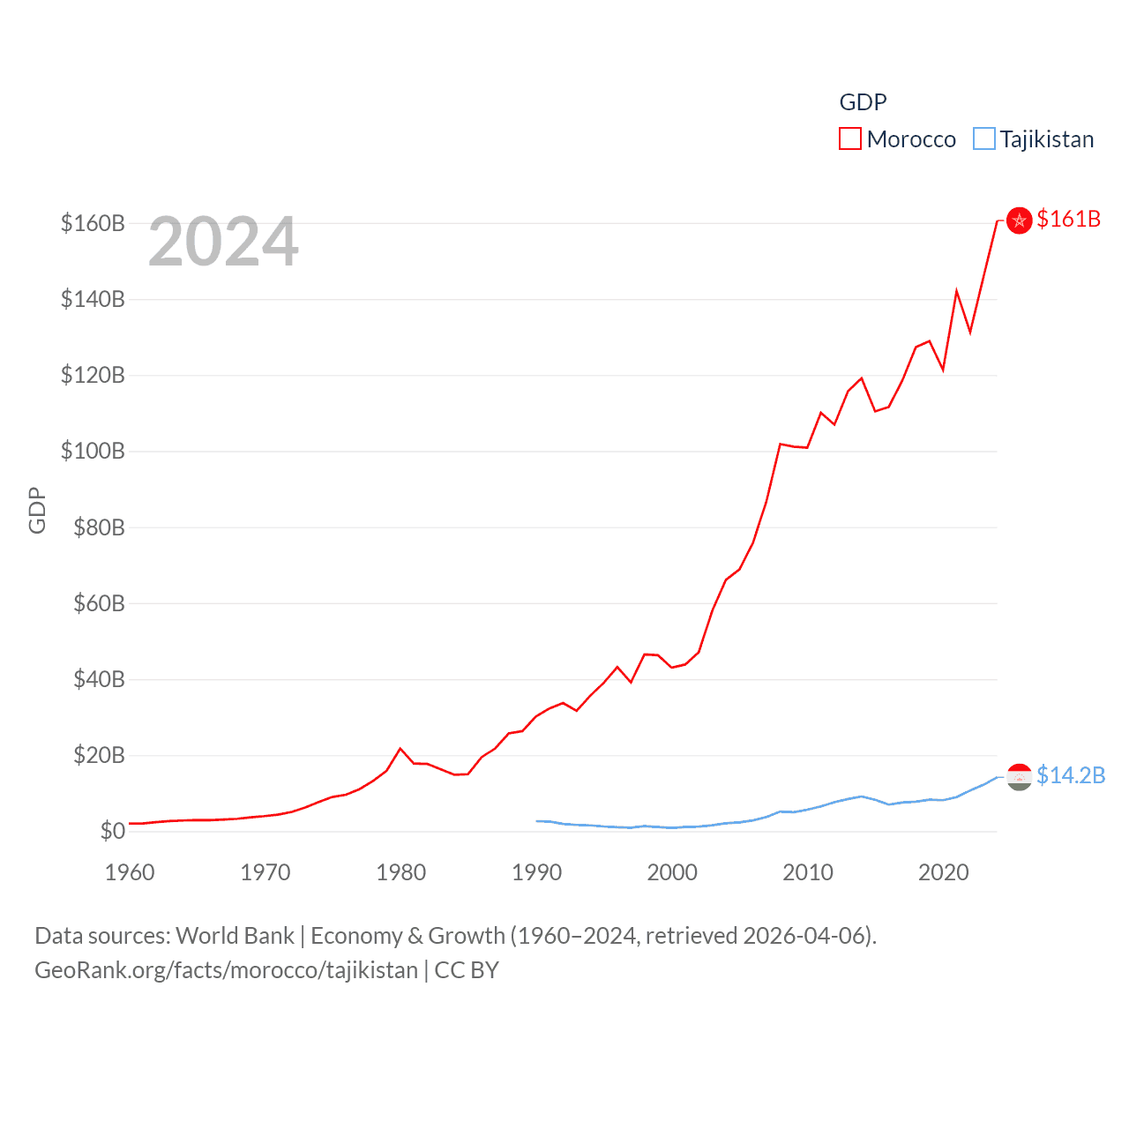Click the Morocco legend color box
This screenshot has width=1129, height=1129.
(849, 139)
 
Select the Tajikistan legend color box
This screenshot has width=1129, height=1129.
(983, 139)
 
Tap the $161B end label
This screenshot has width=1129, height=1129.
(1068, 219)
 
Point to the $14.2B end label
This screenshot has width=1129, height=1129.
(1070, 775)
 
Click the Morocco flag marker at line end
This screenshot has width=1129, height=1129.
(1019, 221)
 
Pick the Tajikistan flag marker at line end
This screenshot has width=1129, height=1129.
(1019, 776)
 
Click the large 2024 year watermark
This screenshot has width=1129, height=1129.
(223, 242)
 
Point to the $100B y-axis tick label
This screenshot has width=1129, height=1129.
(93, 452)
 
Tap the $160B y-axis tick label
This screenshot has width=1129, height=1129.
(93, 223)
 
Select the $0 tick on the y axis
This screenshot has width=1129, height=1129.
(112, 831)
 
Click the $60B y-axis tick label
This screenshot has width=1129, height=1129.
(93, 603)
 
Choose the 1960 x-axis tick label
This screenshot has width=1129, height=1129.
(130, 872)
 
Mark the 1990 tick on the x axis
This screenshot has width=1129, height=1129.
(536, 872)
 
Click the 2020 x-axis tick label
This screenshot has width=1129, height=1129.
(943, 872)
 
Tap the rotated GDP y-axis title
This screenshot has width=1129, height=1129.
(37, 510)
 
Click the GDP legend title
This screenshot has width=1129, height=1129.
(863, 102)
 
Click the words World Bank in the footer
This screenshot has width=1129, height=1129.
(235, 936)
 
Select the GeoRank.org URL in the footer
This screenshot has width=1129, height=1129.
(226, 970)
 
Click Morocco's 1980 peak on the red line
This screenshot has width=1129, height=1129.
(400, 748)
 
